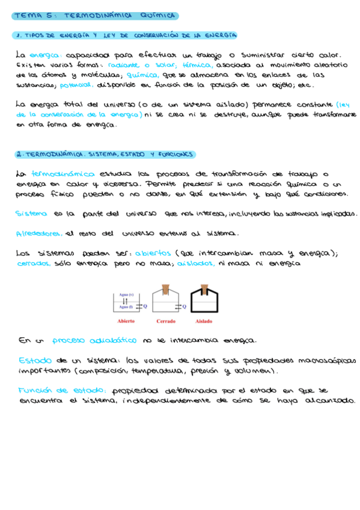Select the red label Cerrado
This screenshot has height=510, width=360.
click(x=166, y=321)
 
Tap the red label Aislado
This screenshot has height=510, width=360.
click(x=204, y=321)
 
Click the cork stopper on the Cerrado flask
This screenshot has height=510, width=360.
click(x=166, y=288)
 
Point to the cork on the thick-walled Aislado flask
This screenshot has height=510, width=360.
click(x=204, y=287)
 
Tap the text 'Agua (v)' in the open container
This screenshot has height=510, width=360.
click(x=126, y=295)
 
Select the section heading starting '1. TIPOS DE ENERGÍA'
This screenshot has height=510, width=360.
click(x=126, y=35)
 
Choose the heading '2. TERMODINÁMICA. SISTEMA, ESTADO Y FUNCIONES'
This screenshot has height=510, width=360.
click(x=105, y=155)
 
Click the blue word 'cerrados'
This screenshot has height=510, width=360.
click(x=34, y=263)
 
